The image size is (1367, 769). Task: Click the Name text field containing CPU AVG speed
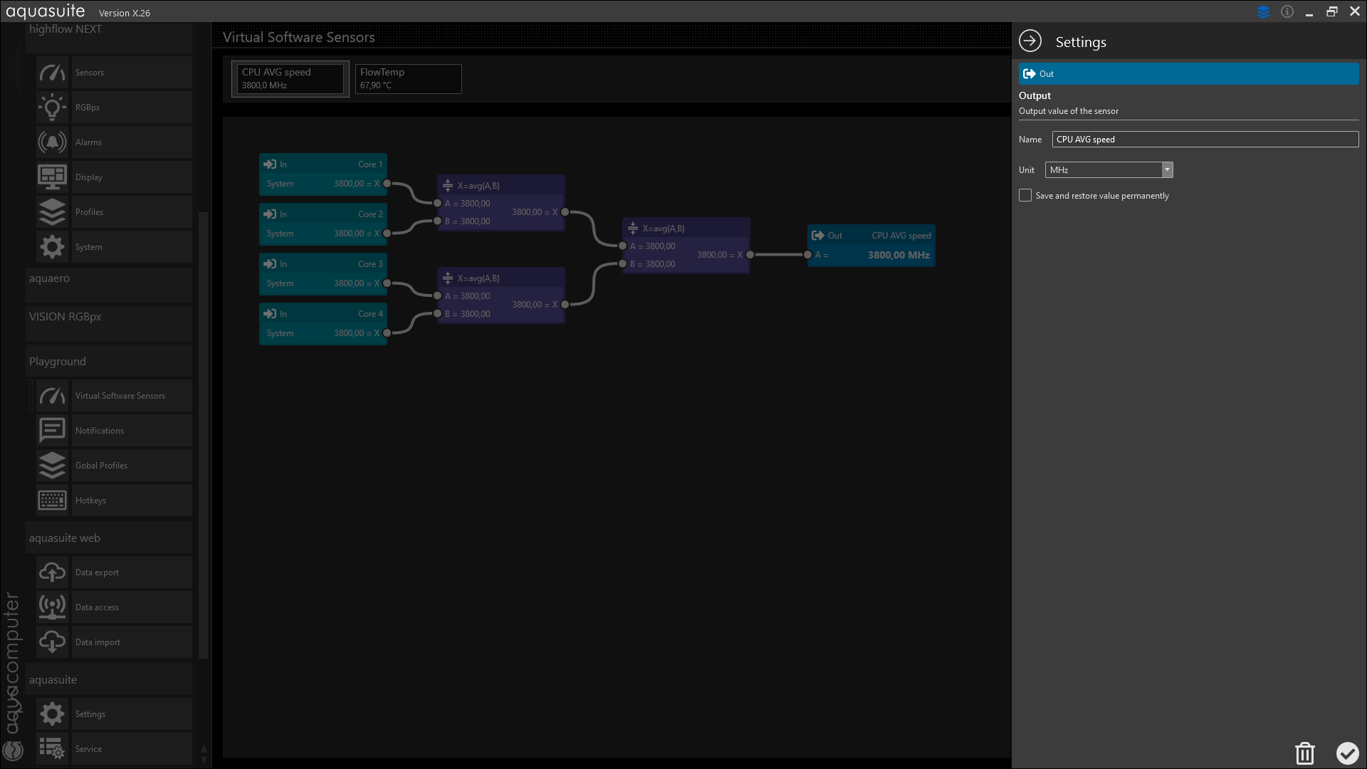pyautogui.click(x=1205, y=140)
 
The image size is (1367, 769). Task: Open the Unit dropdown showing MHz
pyautogui.click(x=1109, y=170)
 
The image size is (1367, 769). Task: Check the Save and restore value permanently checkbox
pyautogui.click(x=1025, y=195)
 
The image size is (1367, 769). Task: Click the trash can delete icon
pyautogui.click(x=1304, y=753)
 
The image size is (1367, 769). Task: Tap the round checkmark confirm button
pyautogui.click(x=1347, y=753)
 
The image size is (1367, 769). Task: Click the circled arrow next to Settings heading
pyautogui.click(x=1030, y=41)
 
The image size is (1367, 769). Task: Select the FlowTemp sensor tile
pyautogui.click(x=409, y=78)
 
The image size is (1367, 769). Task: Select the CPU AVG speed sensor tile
pyautogui.click(x=290, y=78)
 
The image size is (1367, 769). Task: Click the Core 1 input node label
pyautogui.click(x=370, y=164)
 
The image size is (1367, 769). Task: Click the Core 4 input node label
pyautogui.click(x=370, y=314)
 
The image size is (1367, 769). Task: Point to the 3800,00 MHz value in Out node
pyautogui.click(x=899, y=255)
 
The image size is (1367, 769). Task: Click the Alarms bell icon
pyautogui.click(x=52, y=142)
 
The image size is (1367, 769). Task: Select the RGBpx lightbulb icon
pyautogui.click(x=52, y=108)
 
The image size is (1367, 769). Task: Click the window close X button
pyautogui.click(x=1355, y=11)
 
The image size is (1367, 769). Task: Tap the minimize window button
pyautogui.click(x=1309, y=13)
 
